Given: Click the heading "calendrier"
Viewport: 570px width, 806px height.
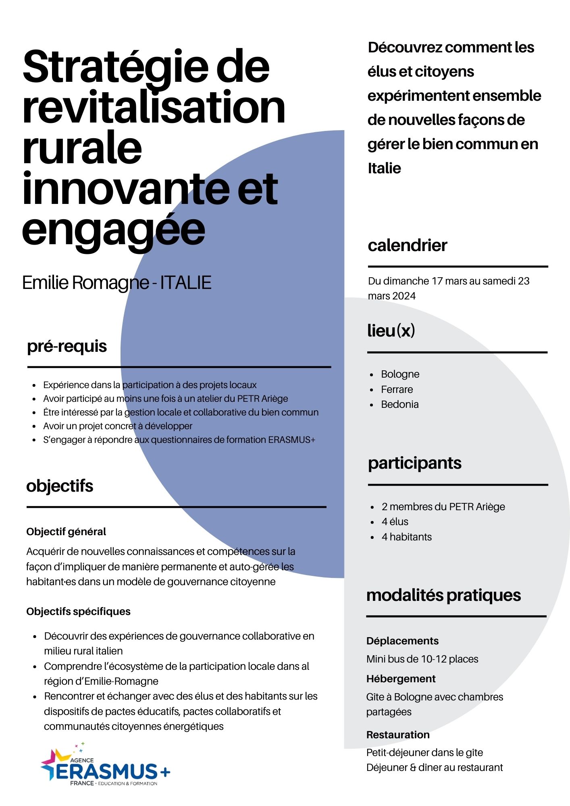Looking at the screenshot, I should coord(407,245).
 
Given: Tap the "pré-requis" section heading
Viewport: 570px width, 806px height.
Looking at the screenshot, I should coord(67,346).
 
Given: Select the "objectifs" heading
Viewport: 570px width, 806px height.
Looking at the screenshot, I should coord(60,486).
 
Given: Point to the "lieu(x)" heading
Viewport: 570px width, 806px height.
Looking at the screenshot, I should coord(391,330).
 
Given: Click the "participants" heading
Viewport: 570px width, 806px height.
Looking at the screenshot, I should coord(414,463).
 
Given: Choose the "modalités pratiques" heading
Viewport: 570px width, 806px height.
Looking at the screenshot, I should coord(443,595).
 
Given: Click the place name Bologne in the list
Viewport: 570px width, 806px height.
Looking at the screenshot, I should coord(400,374).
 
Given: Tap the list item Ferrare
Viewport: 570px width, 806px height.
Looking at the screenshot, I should coord(397,389).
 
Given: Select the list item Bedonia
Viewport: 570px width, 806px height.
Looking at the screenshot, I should coord(399,404).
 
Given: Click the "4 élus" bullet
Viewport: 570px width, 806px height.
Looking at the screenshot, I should coord(395,522).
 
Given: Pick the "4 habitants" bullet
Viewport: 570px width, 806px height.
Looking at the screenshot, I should coord(406,537).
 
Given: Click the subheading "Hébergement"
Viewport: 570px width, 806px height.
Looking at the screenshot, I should coord(401,679).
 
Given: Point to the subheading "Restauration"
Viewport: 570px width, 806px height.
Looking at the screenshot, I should coord(398,735).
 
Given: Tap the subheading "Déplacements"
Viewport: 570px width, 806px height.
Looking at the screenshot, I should coord(402,641).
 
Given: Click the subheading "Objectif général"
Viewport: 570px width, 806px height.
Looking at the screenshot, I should coord(66,532).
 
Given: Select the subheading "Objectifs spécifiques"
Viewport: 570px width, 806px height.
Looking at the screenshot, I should coord(78,611).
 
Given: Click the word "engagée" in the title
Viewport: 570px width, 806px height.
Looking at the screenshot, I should coord(114,231).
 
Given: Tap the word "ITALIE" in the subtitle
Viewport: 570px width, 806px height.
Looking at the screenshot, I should coord(186,283).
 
